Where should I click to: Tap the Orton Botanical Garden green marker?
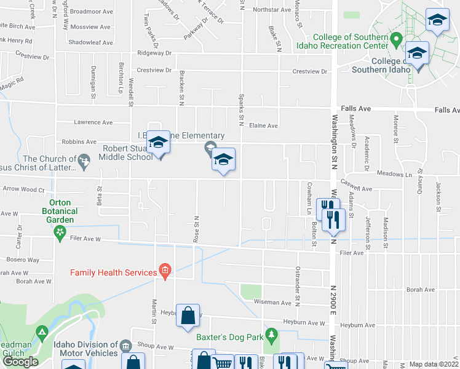60,232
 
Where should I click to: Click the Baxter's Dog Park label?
229,337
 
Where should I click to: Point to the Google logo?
20,362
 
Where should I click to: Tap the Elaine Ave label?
263,126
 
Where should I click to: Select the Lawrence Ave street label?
93,122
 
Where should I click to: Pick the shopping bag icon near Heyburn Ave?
188,316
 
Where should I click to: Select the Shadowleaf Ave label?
91,42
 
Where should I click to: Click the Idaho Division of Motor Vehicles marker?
125,346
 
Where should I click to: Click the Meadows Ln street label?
394,174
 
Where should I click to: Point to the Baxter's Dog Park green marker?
271,335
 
